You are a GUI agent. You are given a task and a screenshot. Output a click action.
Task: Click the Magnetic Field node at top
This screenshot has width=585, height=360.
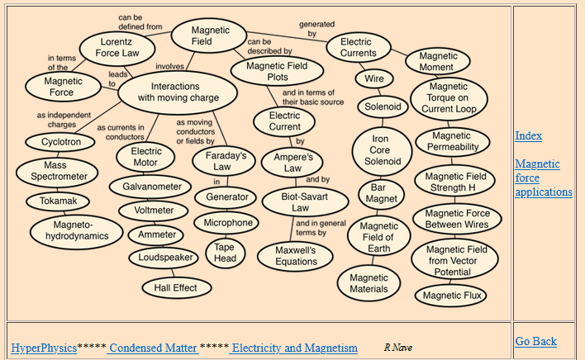tap(207, 35)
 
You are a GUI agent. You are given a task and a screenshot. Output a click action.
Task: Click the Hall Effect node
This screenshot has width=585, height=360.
tap(175, 287)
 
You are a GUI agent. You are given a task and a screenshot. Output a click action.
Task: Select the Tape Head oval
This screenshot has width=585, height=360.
tap(225, 253)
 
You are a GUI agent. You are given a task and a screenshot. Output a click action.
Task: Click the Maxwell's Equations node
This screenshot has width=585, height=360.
tap(296, 255)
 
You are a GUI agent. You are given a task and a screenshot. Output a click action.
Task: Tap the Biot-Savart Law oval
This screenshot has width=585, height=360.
tap(300, 201)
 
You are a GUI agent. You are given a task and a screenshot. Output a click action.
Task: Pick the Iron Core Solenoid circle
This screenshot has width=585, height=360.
tap(381, 150)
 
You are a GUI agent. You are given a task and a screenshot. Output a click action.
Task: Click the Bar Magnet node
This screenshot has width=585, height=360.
tap(381, 193)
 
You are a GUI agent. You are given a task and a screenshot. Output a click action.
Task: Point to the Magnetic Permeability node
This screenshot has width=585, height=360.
tap(453, 142)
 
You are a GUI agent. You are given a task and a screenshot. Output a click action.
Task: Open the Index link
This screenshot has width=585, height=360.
tap(528, 135)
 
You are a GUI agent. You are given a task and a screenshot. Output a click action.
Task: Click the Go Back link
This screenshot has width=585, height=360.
tap(535, 341)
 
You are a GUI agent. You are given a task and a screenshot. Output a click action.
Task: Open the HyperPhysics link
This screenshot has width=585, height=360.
tap(43, 348)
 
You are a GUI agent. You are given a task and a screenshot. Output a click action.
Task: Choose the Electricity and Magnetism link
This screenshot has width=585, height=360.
tap(294, 348)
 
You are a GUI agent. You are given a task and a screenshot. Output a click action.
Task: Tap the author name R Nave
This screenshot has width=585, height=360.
tap(398, 348)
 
